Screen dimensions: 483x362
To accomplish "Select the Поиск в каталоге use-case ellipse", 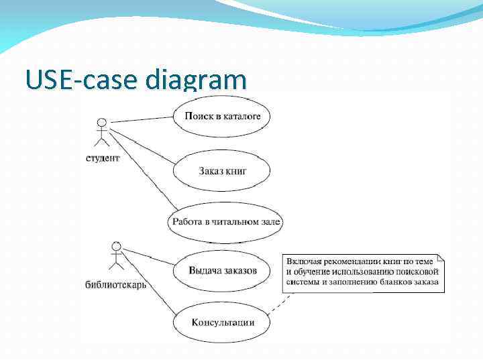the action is (x=223, y=117).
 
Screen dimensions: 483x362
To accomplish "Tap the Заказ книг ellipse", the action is (x=223, y=171).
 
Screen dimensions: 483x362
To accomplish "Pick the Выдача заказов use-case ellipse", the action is (x=223, y=271).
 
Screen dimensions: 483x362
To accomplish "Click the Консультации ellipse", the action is (x=223, y=322).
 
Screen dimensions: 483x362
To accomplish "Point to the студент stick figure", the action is (x=102, y=133).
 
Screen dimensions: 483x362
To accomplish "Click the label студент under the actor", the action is (x=103, y=158).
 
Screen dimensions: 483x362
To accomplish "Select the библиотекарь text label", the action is (x=116, y=284).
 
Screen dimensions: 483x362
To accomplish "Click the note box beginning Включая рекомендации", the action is (x=362, y=272).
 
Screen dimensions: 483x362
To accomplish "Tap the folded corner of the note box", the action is (x=440, y=258).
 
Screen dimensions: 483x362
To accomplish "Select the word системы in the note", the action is (x=303, y=282).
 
